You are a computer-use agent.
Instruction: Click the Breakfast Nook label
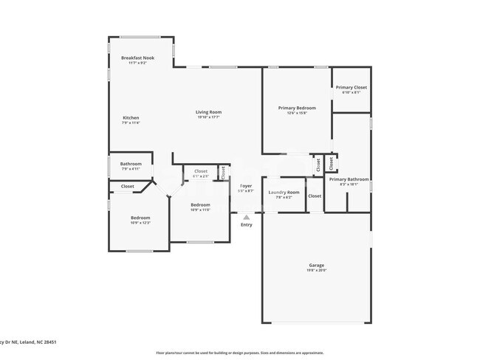[x=137, y=58]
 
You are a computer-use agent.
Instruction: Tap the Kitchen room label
[x=131, y=118]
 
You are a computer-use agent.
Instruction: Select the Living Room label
[x=209, y=112]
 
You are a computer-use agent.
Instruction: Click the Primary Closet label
[x=351, y=88]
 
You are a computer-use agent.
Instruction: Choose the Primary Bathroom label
[x=349, y=179]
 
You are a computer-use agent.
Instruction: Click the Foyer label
[x=246, y=186]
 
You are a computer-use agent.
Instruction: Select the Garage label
[x=316, y=265]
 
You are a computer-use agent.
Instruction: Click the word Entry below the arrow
[x=246, y=225]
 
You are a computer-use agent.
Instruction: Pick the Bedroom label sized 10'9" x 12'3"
[x=140, y=218]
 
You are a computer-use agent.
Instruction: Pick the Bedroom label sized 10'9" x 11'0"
[x=200, y=205]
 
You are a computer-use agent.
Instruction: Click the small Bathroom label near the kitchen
[x=131, y=164]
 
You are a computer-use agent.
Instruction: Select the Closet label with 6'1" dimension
[x=200, y=171]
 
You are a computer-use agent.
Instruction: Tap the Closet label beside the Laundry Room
[x=315, y=196]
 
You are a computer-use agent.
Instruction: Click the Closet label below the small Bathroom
[x=127, y=187]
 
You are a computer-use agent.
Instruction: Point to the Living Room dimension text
[x=209, y=117]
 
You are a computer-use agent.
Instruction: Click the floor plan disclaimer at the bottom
[x=239, y=353]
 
